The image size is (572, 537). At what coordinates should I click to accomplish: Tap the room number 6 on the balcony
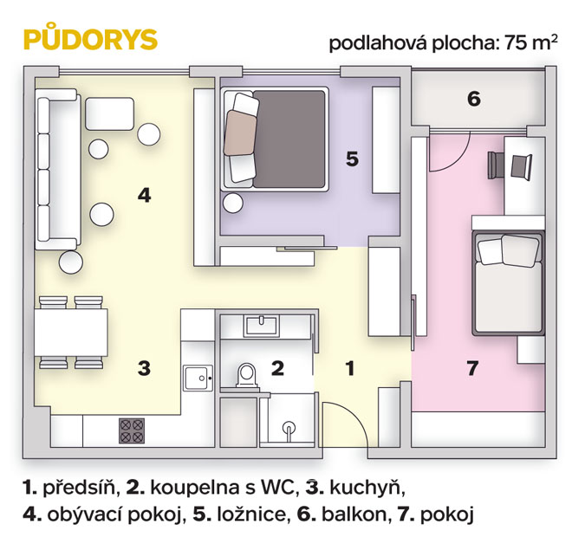(474, 99)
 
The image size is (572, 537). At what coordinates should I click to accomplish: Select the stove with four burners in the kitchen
(132, 431)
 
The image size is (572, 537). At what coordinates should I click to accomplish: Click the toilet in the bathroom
(247, 374)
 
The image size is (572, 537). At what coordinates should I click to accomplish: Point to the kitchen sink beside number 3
(198, 378)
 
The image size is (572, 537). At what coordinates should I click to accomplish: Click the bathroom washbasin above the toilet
(261, 326)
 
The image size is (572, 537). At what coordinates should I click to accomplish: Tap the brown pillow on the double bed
(240, 133)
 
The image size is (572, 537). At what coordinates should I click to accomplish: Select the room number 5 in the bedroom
(352, 159)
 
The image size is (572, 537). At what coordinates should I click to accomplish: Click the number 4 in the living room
(144, 196)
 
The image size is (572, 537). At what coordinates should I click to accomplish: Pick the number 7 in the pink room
(472, 368)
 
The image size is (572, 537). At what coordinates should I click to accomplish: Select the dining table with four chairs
(71, 333)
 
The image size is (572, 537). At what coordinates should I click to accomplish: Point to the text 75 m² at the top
(531, 42)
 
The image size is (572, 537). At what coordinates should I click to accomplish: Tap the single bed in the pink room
(508, 283)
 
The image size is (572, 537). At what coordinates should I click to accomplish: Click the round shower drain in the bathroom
(289, 427)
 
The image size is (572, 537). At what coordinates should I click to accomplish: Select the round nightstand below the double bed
(233, 203)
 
